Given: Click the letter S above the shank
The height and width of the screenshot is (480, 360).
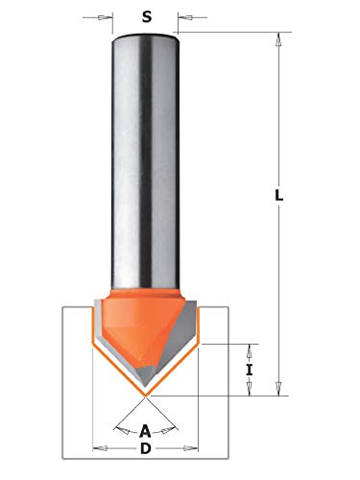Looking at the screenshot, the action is tap(147, 16).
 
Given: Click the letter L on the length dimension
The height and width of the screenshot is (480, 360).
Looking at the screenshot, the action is tap(279, 195).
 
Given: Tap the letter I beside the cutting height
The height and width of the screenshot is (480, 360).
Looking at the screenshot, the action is tap(250, 371).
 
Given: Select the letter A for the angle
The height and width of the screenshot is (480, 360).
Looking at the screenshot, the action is tap(145, 431).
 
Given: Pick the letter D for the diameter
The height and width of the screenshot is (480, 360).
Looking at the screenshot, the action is tap(146, 449).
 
